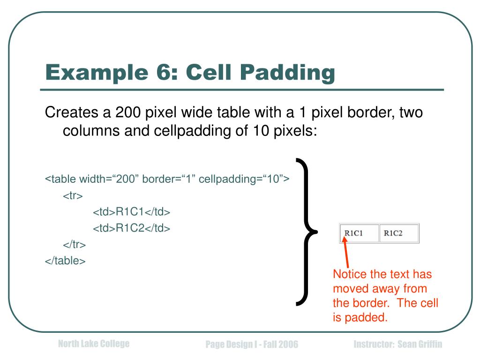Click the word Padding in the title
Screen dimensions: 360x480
coord(288,73)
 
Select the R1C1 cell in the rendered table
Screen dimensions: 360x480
coord(359,233)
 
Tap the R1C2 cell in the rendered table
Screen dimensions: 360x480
coord(398,233)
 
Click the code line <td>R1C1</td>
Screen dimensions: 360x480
coord(131,212)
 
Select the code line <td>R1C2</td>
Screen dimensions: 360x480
coord(131,228)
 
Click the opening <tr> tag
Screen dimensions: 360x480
coord(73,195)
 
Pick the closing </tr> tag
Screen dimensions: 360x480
coord(74,244)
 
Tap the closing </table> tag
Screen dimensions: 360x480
coord(65,261)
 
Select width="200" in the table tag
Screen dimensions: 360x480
coord(109,179)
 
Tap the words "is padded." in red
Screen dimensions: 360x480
coord(360,317)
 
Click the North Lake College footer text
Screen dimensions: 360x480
coord(93,344)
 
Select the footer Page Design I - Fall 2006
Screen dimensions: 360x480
coord(252,345)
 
